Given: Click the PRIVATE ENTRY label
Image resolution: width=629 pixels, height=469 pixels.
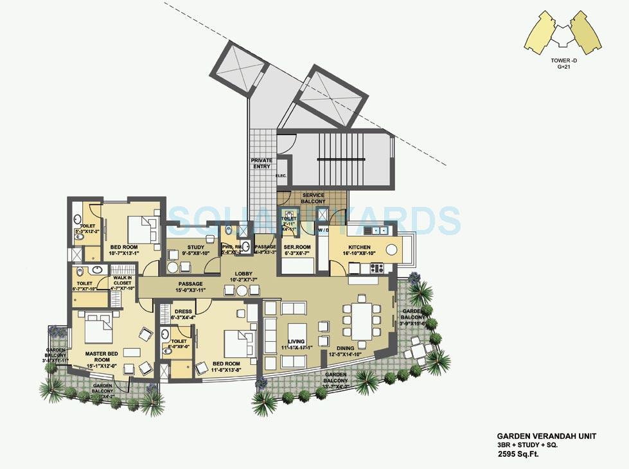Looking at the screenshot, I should pos(261,163).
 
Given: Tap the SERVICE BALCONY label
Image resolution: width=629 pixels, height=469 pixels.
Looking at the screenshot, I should pos(314,199).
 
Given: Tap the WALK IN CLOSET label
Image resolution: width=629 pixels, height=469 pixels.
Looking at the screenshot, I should pos(122,283).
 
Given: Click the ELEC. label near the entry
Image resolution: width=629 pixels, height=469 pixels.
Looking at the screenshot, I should pos(281,175).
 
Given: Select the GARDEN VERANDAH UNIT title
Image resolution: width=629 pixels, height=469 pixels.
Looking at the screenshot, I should pos(546,436).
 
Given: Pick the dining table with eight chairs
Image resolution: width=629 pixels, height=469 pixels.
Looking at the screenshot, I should pos(360,320).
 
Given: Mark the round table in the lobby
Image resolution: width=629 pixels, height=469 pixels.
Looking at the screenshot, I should pos(242,290).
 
